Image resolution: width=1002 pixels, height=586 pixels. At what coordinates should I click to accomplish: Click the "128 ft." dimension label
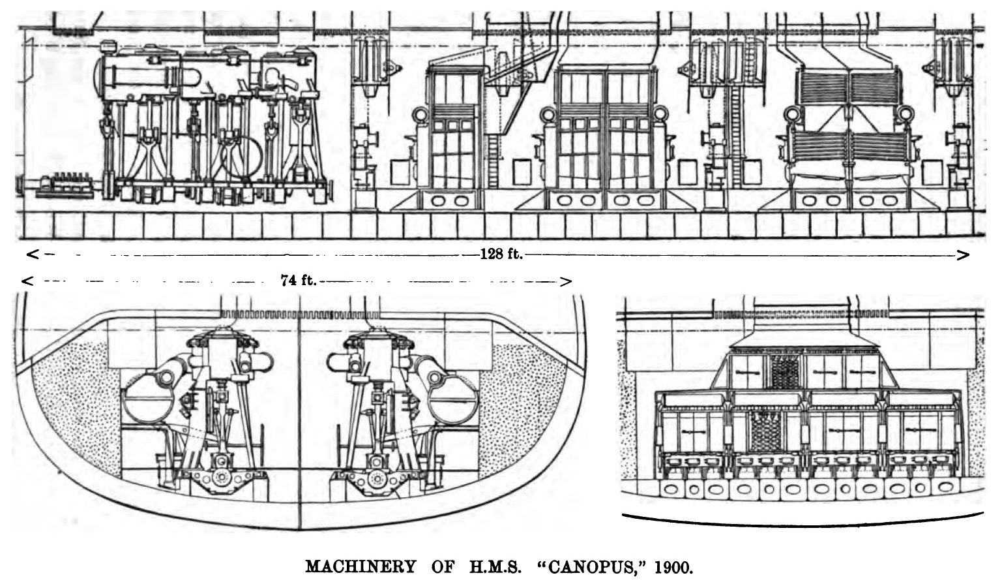tap(501, 254)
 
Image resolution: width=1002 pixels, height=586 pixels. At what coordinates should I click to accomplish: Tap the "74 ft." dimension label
tap(298, 281)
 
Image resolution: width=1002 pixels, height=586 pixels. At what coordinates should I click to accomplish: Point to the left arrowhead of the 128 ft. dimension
tap(32, 254)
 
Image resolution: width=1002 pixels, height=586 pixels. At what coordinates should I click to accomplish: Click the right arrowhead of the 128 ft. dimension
tap(964, 254)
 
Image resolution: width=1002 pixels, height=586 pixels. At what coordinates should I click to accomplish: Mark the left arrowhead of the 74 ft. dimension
tap(27, 281)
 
